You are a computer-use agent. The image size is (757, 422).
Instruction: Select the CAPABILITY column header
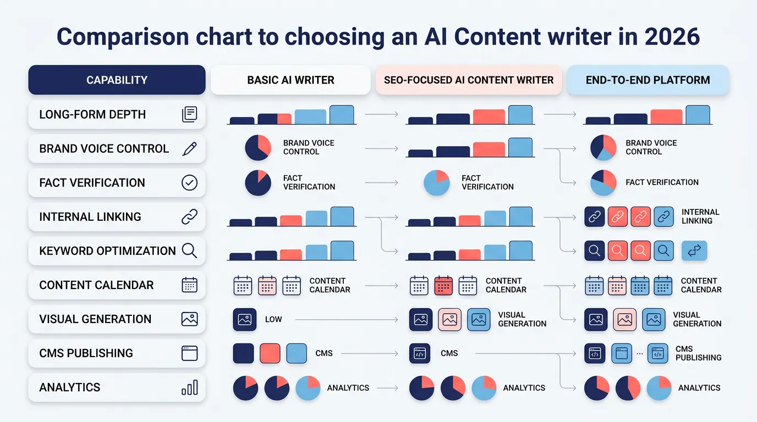[117, 80]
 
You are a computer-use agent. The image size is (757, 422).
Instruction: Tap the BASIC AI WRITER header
[290, 80]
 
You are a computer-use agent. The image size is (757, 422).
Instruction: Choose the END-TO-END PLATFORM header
[648, 80]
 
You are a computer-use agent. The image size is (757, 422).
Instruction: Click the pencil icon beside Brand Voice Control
[189, 148]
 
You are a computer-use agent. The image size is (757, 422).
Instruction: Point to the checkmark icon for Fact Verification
[189, 182]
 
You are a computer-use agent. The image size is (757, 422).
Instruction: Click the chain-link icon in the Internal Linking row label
[189, 216]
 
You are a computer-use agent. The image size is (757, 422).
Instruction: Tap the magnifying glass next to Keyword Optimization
[189, 251]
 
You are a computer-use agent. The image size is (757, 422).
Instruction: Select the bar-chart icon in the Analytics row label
[189, 387]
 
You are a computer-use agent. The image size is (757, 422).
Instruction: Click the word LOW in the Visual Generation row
[273, 319]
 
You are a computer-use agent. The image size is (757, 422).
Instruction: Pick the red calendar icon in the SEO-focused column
[443, 285]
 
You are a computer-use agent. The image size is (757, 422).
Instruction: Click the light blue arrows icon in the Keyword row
[694, 251]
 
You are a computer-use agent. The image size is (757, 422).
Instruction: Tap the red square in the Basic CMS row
[270, 353]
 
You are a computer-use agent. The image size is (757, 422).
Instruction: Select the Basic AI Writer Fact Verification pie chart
[258, 183]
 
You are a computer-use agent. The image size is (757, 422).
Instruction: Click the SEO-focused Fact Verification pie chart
[437, 183]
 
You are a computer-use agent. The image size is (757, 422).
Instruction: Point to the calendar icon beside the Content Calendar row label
[189, 285]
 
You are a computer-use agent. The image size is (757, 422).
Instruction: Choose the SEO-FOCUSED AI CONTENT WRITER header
[469, 80]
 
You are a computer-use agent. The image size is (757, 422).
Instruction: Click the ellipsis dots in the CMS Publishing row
[639, 353]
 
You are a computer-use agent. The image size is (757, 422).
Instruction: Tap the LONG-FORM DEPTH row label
[92, 114]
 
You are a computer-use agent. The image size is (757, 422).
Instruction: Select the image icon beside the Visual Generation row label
[189, 319]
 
